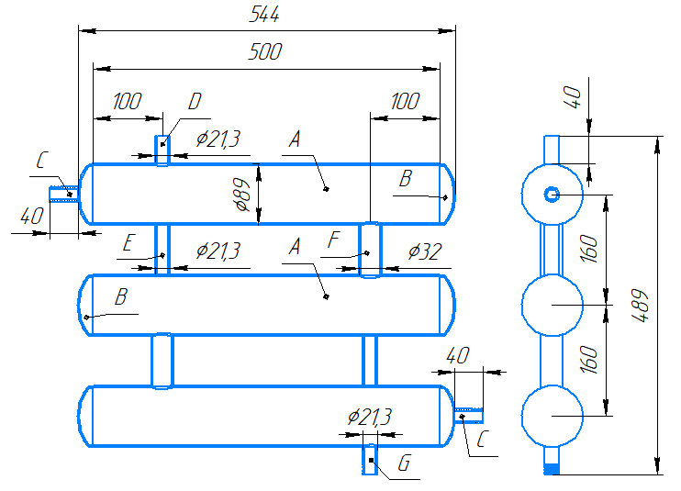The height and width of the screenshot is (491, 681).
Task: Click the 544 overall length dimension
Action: click(x=264, y=15)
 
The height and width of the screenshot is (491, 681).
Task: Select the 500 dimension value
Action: click(x=265, y=51)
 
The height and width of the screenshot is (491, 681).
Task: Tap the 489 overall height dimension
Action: click(x=641, y=306)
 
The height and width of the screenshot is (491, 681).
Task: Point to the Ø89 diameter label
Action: click(x=242, y=195)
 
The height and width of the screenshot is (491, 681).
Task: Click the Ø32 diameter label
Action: click(x=425, y=251)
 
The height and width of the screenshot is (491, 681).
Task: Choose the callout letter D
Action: click(x=195, y=101)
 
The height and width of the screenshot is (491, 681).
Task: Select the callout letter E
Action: click(x=128, y=242)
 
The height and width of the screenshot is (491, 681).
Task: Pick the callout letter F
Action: click(x=333, y=240)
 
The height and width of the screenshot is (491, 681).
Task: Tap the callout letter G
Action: click(x=404, y=463)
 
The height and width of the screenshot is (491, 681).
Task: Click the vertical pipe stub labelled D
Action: click(x=162, y=151)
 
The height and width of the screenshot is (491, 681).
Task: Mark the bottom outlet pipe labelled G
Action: click(x=370, y=459)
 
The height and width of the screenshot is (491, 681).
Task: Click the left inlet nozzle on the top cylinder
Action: click(x=64, y=194)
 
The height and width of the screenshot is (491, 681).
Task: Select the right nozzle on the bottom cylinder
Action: click(x=469, y=416)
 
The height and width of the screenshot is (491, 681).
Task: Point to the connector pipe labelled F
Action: click(x=370, y=250)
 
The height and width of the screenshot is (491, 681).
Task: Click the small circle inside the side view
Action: click(x=552, y=194)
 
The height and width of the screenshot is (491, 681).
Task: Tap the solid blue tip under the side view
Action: click(x=552, y=469)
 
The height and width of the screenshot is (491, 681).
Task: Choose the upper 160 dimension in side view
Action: click(x=589, y=249)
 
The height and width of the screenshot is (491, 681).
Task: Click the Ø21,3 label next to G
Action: click(x=370, y=417)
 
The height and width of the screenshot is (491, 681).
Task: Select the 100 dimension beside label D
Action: click(x=128, y=101)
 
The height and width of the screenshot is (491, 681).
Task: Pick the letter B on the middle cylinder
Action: click(x=121, y=297)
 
